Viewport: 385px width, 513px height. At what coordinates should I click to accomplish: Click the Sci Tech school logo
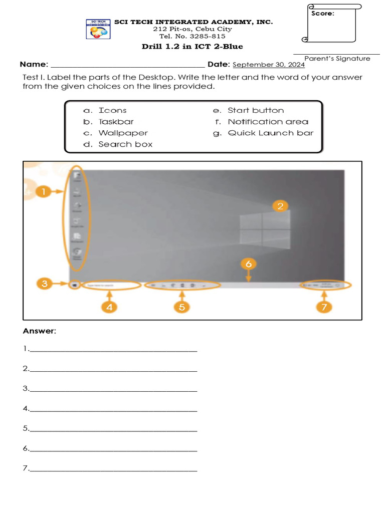(98, 29)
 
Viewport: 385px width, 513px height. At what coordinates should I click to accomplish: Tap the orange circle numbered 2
(280, 205)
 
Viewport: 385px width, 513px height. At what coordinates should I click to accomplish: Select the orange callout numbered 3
(45, 284)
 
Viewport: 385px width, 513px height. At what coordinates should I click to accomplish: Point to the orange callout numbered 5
(182, 307)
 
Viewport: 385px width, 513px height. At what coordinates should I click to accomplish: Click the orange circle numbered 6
(248, 264)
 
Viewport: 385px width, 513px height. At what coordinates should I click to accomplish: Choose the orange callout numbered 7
(324, 307)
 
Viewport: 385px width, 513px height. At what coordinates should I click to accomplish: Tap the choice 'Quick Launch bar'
(270, 133)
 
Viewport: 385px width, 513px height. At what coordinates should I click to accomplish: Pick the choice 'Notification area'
(268, 122)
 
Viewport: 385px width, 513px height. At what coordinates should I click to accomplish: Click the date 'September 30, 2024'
(269, 65)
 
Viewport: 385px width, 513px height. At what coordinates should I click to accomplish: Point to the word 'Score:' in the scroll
(322, 14)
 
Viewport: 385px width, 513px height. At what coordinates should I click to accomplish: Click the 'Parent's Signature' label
(337, 59)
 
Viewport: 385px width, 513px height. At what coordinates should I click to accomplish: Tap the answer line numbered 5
(113, 429)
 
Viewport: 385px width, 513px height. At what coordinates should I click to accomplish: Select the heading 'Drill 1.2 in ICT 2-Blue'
(192, 47)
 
